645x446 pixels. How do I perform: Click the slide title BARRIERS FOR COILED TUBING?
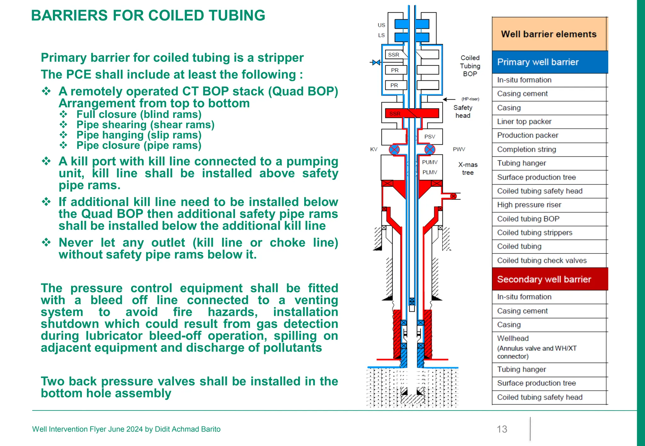tap(148, 15)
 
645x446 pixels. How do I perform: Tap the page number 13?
tap(502, 429)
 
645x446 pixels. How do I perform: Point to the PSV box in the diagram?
tap(430, 137)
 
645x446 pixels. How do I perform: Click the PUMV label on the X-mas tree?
tap(430, 162)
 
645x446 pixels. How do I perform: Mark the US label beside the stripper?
tap(381, 25)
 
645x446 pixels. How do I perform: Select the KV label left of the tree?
tap(374, 149)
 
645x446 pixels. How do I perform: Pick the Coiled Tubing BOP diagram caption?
tap(470, 66)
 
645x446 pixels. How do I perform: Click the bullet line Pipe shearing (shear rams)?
tap(145, 125)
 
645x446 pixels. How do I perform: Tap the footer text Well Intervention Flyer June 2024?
tap(126, 429)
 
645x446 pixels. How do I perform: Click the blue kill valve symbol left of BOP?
tap(376, 63)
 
